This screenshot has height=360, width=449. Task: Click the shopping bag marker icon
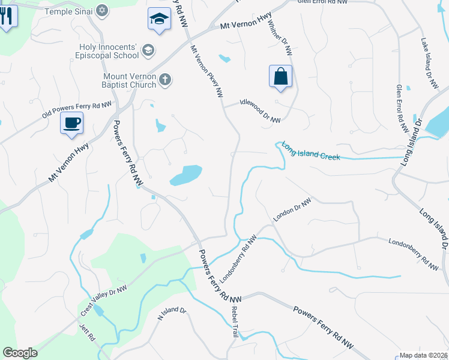tap(280, 77)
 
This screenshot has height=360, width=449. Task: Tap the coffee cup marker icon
tap(71, 124)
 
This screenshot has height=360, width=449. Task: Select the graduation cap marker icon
tap(159, 19)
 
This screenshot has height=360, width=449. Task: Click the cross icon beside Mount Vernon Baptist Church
tap(166, 79)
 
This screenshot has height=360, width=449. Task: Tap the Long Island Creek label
tap(311, 151)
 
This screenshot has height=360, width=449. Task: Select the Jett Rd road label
tap(88, 334)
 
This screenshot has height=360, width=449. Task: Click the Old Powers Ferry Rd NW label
tap(77, 110)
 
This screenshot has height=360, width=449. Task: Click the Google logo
tap(20, 353)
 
